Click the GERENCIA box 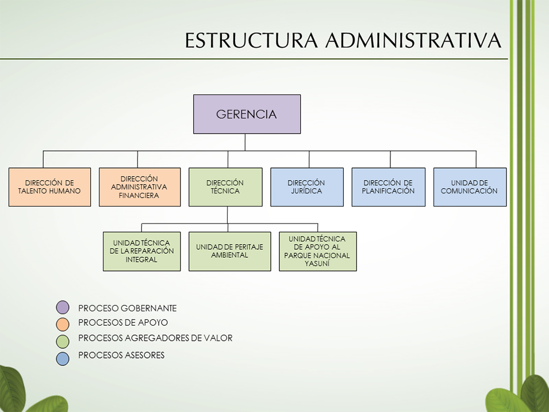tap(247, 114)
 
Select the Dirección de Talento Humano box tap(49, 187)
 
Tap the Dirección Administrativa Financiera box tap(140, 187)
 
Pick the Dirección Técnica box tap(225, 187)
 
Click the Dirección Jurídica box tap(307, 187)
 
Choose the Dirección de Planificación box tap(389, 187)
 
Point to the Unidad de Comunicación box tap(470, 187)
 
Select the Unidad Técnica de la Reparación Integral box tap(142, 251)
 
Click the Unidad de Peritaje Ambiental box tap(230, 251)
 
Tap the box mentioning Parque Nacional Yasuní tap(318, 251)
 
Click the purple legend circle tap(63, 307)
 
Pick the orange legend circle tap(63, 324)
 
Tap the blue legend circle tap(63, 358)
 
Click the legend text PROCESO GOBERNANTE tap(128, 308)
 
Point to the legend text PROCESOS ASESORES tap(121, 355)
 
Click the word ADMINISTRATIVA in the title tap(413, 40)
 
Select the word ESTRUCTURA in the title tap(251, 40)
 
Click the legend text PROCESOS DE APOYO tap(123, 322)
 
